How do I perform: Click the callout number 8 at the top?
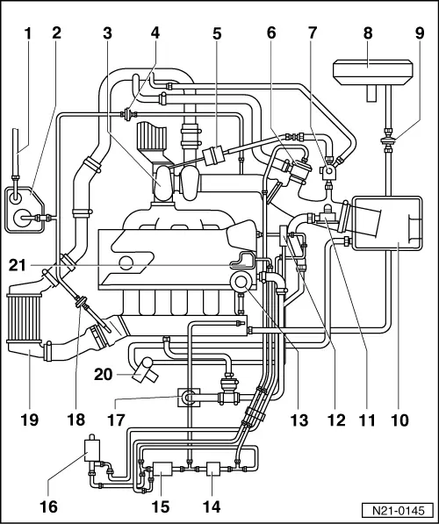(x=368, y=33)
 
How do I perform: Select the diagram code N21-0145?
(x=399, y=511)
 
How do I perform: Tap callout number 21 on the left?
(x=18, y=265)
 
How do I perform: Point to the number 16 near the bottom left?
(x=49, y=506)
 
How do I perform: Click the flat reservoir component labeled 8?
(x=373, y=72)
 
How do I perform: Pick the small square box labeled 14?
(x=213, y=469)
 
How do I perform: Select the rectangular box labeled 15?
(x=162, y=469)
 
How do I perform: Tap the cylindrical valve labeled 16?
(x=92, y=449)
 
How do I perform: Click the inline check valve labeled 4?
(x=127, y=115)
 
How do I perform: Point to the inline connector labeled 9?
(x=388, y=140)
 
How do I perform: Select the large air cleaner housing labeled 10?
(x=387, y=223)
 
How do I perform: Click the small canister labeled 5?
(x=212, y=156)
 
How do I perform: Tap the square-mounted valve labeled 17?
(x=189, y=397)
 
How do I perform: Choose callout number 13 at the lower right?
(x=299, y=420)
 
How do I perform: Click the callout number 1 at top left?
(x=28, y=33)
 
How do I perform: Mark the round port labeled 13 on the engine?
(x=241, y=282)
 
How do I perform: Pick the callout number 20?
(x=103, y=374)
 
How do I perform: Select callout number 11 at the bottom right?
(x=367, y=420)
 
